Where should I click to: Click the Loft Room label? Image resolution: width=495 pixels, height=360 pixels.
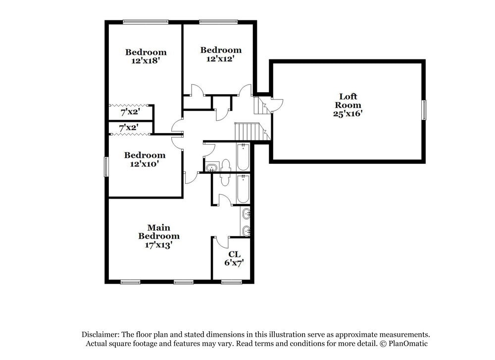(x=347, y=101)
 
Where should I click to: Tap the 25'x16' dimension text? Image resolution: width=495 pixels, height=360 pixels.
(x=347, y=113)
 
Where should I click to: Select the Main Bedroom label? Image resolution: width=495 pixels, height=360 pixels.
(x=158, y=232)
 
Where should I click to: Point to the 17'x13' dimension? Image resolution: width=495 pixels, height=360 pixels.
(x=158, y=245)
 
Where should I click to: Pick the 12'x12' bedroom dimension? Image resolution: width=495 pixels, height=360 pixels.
(x=220, y=58)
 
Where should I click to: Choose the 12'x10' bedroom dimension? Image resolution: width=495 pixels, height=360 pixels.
(x=145, y=163)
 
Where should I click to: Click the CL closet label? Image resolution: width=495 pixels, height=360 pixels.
(x=234, y=254)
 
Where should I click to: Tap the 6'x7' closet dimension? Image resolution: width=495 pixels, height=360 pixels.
(x=234, y=263)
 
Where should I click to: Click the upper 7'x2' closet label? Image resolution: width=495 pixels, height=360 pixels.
(x=130, y=112)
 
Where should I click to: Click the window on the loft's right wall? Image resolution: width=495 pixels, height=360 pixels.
(x=424, y=110)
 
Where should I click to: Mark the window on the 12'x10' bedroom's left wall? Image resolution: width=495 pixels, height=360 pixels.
(x=105, y=167)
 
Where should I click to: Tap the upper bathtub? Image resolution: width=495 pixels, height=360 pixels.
(x=243, y=157)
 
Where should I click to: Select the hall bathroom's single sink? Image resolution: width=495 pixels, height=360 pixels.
(x=212, y=167)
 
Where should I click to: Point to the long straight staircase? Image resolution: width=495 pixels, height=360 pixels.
(x=247, y=131)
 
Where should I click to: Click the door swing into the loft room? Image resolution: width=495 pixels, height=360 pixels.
(x=276, y=104)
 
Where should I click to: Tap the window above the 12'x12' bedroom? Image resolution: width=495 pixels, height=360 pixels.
(x=218, y=21)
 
